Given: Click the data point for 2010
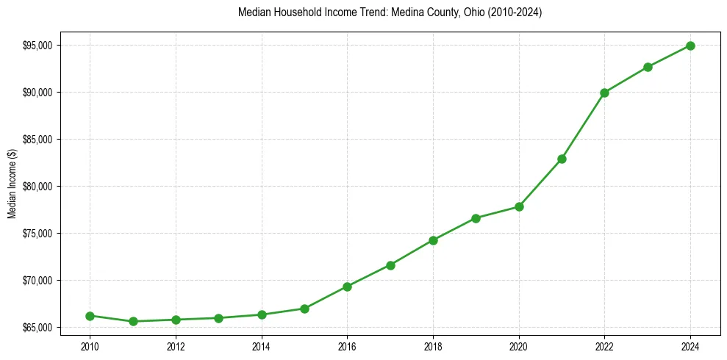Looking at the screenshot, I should coord(90,316).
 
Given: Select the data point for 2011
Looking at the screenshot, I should coord(133,321).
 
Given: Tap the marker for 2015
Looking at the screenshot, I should coord(304,309).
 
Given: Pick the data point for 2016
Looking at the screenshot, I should coord(348,287).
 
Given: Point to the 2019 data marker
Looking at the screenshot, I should coord(476,218).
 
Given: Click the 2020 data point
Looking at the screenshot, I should coord(519,206).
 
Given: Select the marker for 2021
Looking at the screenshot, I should coord(562,159).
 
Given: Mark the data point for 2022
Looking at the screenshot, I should coord(605,93).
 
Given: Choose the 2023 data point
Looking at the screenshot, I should coord(648,67).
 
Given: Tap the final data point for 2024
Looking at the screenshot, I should coord(691,46).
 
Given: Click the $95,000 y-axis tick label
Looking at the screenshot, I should coord(37,46).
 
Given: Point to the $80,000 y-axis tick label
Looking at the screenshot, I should coord(37,187).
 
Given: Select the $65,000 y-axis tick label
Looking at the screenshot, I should coord(37,327).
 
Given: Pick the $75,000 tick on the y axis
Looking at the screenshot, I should coord(37,234).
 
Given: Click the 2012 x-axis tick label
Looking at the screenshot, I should coord(176,347).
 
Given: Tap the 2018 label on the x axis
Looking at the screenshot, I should coord(433,347).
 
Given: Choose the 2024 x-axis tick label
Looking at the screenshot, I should coord(691,347).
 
